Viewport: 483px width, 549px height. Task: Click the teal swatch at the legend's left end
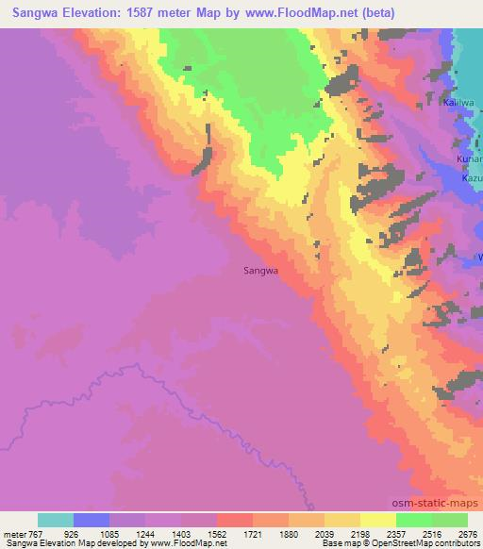pos(56,520)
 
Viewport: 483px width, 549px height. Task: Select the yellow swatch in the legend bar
pos(377,520)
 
